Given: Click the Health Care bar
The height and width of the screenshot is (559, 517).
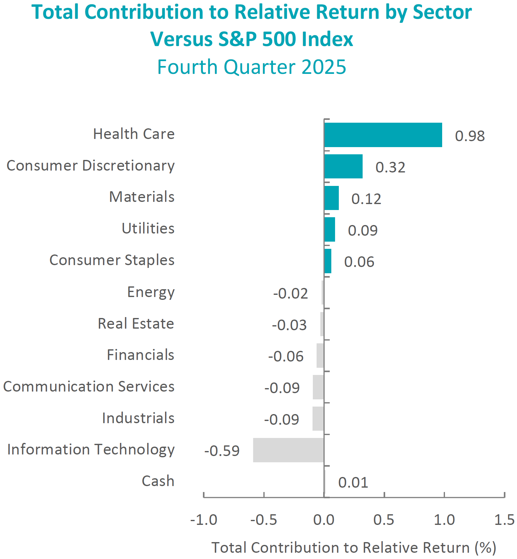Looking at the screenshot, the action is [383, 135].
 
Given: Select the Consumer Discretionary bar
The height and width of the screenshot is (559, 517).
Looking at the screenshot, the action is [343, 167].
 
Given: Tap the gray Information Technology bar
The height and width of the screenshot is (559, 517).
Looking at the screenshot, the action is [288, 450].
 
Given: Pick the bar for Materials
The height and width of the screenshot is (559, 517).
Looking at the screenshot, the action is [331, 198].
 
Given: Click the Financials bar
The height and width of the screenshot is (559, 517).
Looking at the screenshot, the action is [320, 356].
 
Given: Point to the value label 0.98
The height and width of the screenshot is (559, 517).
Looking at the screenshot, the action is [470, 136].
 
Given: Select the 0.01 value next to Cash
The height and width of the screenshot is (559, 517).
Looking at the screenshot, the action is [353, 482].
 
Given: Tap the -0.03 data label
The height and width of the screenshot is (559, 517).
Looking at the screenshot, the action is [289, 325].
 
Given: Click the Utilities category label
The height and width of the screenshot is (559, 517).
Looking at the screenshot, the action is [148, 228].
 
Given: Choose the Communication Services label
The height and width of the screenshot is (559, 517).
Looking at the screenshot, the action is [89, 387].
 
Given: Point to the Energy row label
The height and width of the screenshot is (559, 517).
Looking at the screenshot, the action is [151, 292].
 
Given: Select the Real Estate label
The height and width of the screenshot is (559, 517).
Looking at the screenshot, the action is [136, 323].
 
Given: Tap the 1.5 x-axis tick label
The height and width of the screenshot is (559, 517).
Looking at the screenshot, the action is [504, 520].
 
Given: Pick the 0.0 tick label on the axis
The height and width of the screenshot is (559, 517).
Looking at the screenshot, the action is [324, 520].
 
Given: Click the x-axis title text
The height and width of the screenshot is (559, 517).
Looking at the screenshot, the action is [354, 548].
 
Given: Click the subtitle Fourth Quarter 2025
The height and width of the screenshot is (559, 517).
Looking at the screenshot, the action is [252, 67].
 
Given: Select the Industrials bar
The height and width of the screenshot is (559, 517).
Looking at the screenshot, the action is [318, 418].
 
